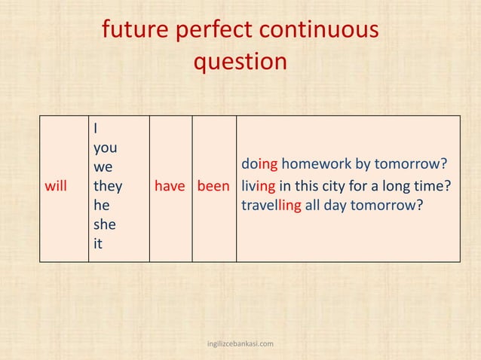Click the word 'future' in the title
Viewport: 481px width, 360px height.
[x=135, y=31]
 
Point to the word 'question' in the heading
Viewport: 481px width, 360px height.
[x=240, y=62]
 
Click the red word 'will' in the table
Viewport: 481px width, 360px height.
[x=56, y=185]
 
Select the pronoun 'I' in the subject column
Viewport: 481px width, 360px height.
[x=95, y=128]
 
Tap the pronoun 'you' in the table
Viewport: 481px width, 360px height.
[x=104, y=148]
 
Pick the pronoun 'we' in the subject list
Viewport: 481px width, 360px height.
[x=103, y=166]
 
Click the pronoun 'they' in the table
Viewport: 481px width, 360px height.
[x=108, y=185]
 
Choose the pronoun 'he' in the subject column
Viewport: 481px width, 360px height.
[x=101, y=205]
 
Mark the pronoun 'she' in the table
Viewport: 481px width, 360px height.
[x=104, y=224]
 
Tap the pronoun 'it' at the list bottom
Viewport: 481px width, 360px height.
[x=97, y=243]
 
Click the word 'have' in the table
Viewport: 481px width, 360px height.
[x=170, y=185]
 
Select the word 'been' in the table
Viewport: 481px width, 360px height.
[x=214, y=185]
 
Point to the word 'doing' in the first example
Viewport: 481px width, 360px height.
[x=259, y=164]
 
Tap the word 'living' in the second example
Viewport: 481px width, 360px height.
[x=259, y=185]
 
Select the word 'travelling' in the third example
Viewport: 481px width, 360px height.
[x=271, y=205]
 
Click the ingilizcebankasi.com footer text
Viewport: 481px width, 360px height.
[x=240, y=344]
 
